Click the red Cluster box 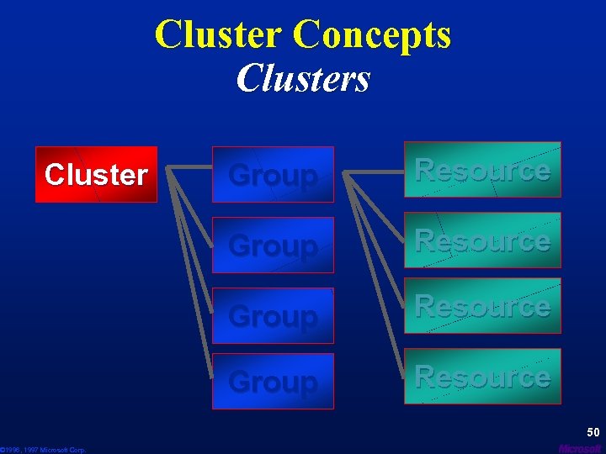[96, 175]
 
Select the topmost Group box [273, 175]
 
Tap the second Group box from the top [273, 245]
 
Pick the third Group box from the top [273, 315]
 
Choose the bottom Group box [273, 381]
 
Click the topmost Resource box [482, 170]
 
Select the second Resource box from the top [482, 240]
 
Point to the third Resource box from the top [482, 306]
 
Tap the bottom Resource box [482, 376]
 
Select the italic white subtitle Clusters [303, 78]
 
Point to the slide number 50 [593, 432]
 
